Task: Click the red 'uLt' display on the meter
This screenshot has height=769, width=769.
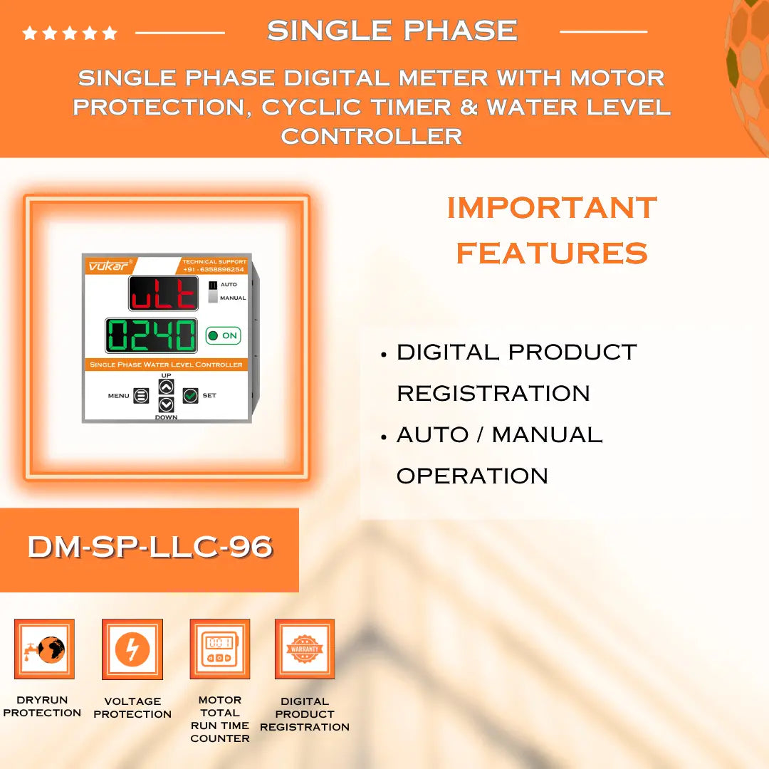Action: (x=164, y=293)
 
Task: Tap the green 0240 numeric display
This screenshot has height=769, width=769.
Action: (x=151, y=335)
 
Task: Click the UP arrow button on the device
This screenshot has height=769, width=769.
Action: (x=166, y=387)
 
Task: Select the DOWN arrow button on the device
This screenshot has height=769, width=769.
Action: (x=166, y=404)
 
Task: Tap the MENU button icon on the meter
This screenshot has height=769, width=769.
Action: (x=141, y=396)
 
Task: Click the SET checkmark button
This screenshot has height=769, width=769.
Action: (x=190, y=395)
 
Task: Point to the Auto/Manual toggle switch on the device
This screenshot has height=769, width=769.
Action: (x=212, y=291)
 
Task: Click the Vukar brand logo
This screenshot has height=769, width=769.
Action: (x=108, y=266)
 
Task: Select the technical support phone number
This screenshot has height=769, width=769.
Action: (x=214, y=270)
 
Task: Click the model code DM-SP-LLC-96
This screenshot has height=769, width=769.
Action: (x=150, y=547)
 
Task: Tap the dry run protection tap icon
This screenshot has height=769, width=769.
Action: (x=44, y=649)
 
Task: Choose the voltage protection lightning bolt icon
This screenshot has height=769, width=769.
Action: (x=132, y=649)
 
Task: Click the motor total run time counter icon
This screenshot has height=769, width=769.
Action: (x=219, y=649)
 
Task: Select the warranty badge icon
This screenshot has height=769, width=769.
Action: (x=305, y=649)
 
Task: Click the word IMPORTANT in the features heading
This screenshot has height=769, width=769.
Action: (x=552, y=208)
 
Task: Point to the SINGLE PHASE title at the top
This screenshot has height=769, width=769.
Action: (x=392, y=31)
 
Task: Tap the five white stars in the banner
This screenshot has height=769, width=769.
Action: (x=70, y=33)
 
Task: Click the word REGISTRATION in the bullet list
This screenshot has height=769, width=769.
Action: (x=493, y=393)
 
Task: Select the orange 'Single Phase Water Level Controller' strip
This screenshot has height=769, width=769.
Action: (x=166, y=365)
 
